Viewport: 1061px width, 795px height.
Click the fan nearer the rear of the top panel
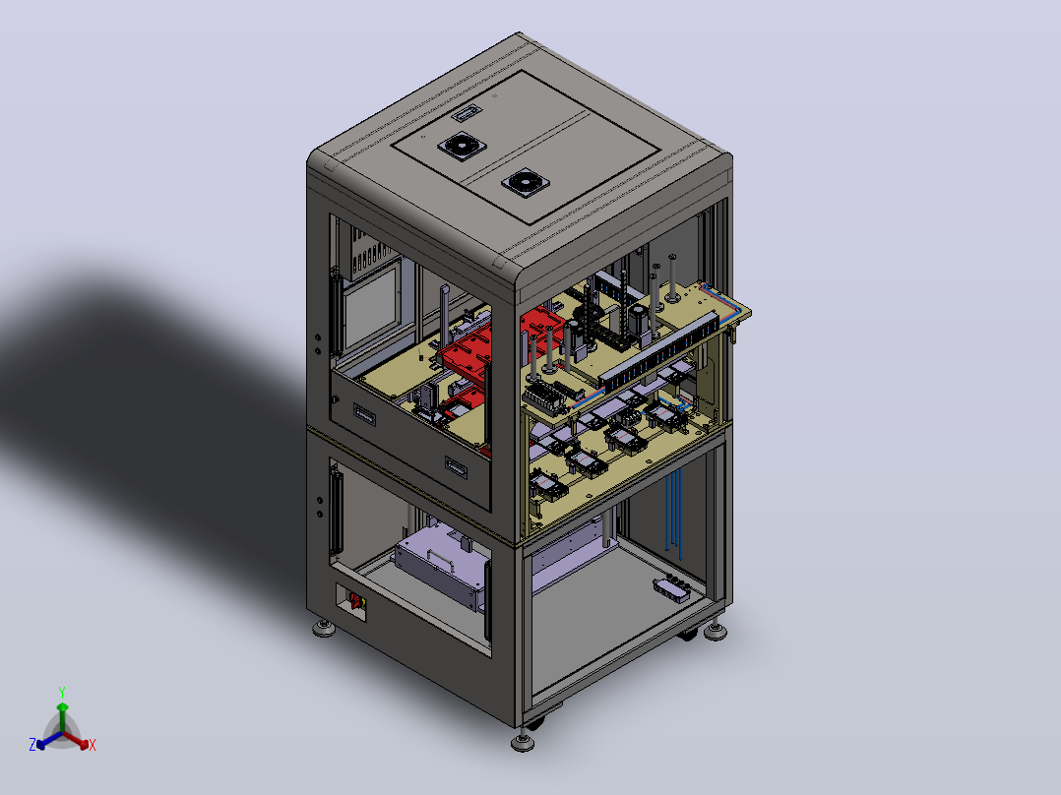pos(462,146)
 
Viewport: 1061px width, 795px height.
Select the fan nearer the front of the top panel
pos(526,182)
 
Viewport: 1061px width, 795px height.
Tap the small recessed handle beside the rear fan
pos(467,112)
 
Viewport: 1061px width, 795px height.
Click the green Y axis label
pos(62,692)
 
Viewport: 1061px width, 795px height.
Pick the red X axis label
pos(93,745)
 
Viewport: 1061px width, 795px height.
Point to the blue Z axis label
pos(32,744)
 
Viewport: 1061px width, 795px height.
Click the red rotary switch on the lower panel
pos(354,600)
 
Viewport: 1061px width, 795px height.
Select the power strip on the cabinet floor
pos(672,586)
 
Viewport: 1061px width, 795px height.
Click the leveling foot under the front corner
pos(523,742)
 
